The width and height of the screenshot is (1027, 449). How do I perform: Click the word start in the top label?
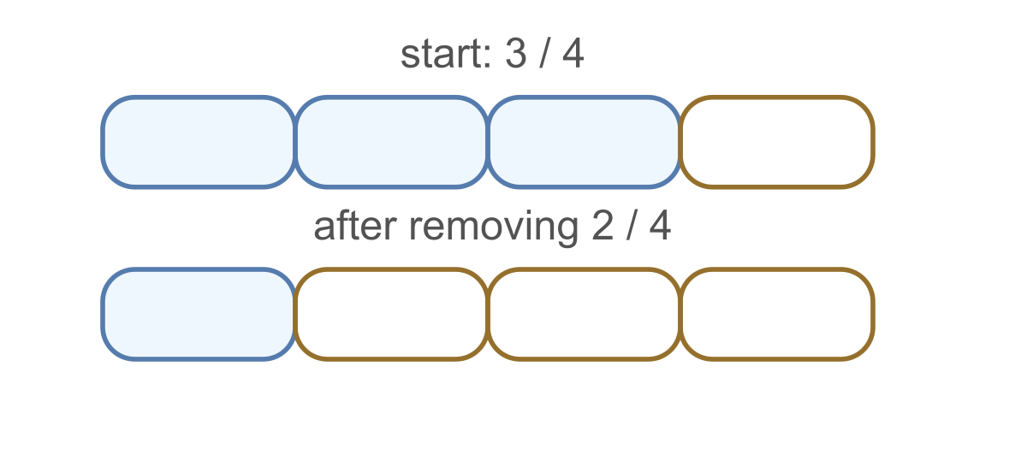click(442, 54)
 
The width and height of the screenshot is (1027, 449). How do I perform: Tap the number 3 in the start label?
click(515, 54)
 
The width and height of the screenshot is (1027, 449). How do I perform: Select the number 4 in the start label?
click(573, 54)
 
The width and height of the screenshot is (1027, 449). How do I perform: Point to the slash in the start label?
click(544, 54)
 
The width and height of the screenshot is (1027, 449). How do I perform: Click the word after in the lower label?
click(355, 226)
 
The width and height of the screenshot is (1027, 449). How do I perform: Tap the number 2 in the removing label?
click(602, 226)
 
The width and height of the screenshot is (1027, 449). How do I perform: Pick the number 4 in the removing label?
click(660, 226)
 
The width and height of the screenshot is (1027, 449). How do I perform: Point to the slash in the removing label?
click(631, 226)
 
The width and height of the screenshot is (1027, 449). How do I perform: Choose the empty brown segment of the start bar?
click(777, 142)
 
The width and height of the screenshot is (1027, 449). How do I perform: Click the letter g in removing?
click(568, 233)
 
